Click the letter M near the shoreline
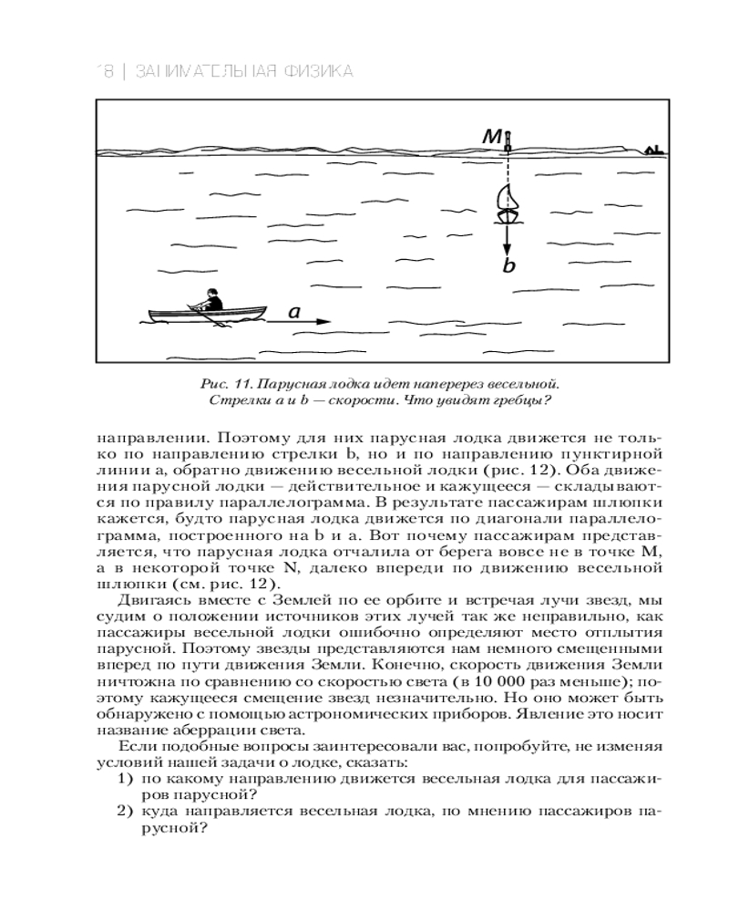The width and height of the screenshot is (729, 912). pos(492,137)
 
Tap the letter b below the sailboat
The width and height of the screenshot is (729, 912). pos(509,266)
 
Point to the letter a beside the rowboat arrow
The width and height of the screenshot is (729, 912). pos(294,312)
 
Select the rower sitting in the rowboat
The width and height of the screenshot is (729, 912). pos(211,302)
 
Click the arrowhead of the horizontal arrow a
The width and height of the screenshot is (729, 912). pos(326,322)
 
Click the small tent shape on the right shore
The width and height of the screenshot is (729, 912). pos(652,149)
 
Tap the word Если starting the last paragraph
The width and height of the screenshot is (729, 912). pos(135,747)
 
